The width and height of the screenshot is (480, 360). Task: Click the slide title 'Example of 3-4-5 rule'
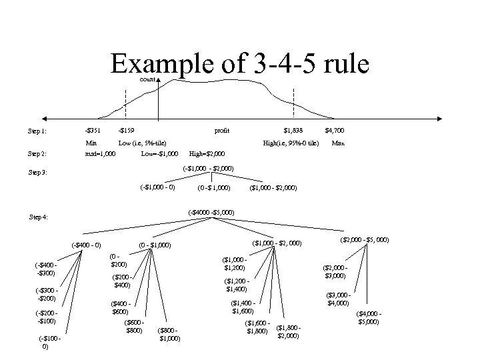[x=240, y=65]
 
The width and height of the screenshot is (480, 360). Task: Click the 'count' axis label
[x=148, y=79]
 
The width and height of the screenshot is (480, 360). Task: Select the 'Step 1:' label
[x=37, y=131]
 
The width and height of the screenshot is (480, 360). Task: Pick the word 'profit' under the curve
[x=222, y=130]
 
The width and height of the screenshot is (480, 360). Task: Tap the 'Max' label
[x=338, y=143]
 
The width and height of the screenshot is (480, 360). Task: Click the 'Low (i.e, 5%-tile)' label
[x=142, y=143]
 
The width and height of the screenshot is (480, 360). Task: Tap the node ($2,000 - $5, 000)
[x=365, y=239]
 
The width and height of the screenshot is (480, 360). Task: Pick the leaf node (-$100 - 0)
[x=51, y=343]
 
